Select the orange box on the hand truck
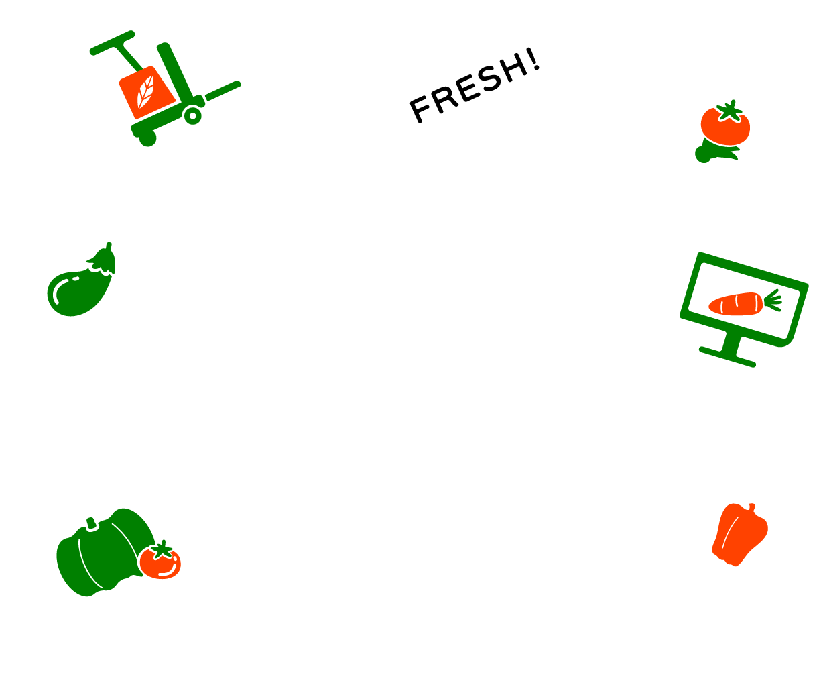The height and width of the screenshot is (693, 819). tap(147, 93)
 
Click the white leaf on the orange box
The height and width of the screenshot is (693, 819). tap(145, 92)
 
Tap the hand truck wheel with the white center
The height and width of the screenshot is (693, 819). tap(193, 115)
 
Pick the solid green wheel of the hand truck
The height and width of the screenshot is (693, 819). tap(148, 138)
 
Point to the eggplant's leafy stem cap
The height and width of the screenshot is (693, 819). tap(103, 259)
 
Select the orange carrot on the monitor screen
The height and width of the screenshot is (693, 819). tap(736, 305)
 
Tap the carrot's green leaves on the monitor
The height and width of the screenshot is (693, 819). tap(773, 301)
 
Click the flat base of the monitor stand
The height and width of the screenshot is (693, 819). tap(727, 357)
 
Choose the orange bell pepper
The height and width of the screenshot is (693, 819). tap(740, 534)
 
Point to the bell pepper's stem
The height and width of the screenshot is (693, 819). tap(751, 507)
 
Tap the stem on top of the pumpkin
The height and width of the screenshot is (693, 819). tap(91, 523)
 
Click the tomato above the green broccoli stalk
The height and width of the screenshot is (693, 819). tap(725, 123)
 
